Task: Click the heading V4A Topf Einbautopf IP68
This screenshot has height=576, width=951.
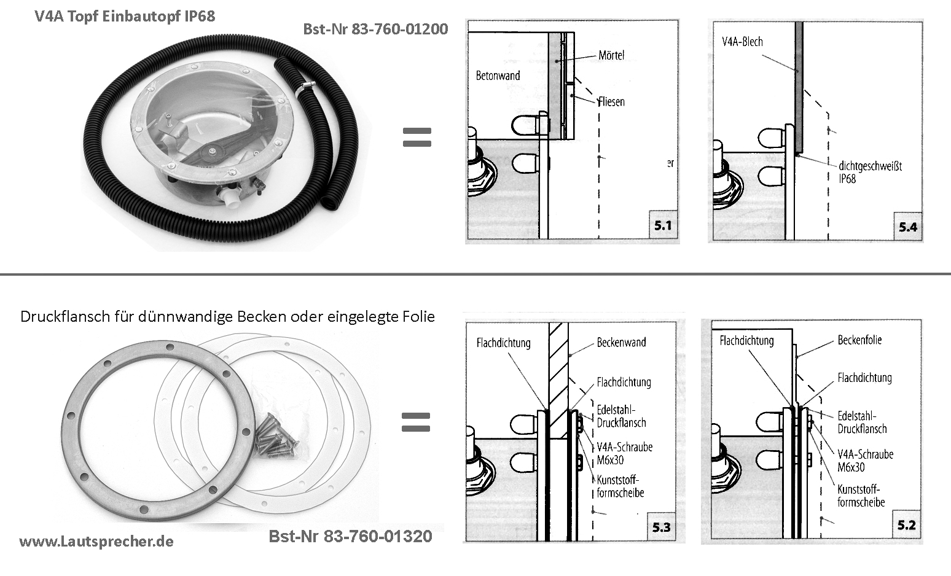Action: click(x=125, y=17)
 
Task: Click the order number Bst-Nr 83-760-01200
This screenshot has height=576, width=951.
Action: click(x=375, y=29)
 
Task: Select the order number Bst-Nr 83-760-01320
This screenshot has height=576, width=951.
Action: click(x=350, y=536)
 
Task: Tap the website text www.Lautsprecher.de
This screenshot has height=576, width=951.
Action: click(x=96, y=542)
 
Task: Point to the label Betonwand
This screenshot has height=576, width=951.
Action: click(x=498, y=76)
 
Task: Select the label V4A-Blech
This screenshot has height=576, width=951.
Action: click(x=742, y=42)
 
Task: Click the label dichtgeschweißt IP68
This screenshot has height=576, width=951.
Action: click(x=870, y=172)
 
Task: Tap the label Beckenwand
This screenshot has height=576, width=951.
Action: click(x=621, y=343)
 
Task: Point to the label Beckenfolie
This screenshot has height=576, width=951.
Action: click(x=859, y=340)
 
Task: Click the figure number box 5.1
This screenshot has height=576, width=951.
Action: click(x=663, y=225)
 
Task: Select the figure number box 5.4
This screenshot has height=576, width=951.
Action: click(x=907, y=227)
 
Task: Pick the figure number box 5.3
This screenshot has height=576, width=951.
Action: click(x=661, y=527)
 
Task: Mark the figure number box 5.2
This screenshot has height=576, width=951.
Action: click(x=906, y=525)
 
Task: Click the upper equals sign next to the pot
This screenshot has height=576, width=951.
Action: click(x=417, y=137)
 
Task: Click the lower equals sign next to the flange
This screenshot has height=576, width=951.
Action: click(x=415, y=422)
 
